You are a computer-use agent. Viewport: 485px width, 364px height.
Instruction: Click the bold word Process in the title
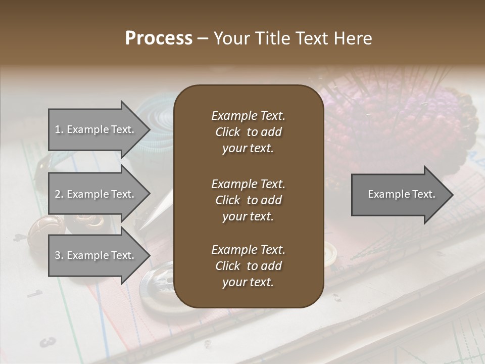pyautogui.click(x=159, y=38)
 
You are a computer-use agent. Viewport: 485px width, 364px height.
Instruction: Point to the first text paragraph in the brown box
pyautogui.click(x=248, y=132)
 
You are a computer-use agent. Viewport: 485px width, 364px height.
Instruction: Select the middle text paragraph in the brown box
pyautogui.click(x=248, y=200)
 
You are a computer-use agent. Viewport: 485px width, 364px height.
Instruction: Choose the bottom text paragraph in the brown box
pyautogui.click(x=248, y=266)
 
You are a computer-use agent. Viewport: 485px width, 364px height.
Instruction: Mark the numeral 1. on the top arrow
pyautogui.click(x=59, y=130)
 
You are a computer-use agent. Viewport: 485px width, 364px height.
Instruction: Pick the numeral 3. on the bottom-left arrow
pyautogui.click(x=59, y=256)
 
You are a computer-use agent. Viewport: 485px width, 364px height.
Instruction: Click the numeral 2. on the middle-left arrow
pyautogui.click(x=59, y=195)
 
